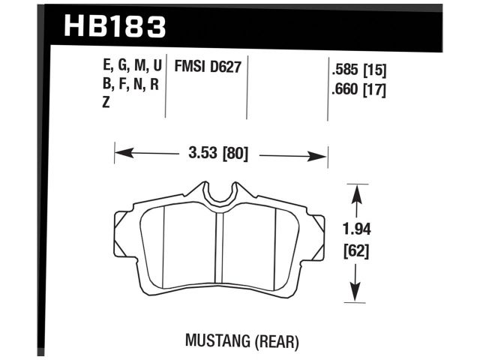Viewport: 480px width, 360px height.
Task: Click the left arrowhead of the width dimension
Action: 121,155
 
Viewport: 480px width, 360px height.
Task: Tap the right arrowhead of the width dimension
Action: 322,155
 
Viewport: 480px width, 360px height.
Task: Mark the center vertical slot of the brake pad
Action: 220,247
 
